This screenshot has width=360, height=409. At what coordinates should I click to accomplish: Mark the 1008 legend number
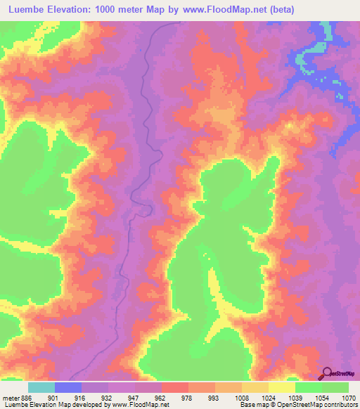point(242,397)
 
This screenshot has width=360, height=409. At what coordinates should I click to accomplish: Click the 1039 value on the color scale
point(295,397)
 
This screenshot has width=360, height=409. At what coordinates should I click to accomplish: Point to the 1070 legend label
point(348,397)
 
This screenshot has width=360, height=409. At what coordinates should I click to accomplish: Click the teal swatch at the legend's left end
point(41,387)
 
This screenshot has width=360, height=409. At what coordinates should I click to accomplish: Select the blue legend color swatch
point(68,387)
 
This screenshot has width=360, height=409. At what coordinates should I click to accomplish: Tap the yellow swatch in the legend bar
point(282,387)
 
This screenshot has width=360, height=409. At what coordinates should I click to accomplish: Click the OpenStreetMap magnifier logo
point(327,373)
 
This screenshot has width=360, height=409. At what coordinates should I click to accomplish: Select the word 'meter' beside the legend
point(10,397)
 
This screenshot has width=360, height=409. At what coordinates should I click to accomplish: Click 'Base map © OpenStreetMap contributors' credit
point(298,405)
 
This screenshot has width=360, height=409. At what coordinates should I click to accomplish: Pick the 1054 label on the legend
point(321,397)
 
